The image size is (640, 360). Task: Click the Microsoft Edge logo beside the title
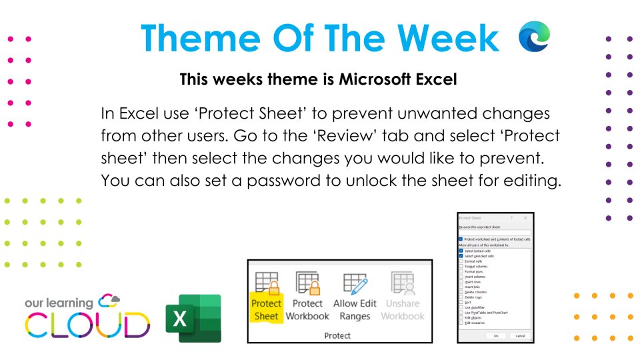pos(535,36)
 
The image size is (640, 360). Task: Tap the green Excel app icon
pos(193,318)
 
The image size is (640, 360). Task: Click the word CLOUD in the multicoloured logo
pos(87,325)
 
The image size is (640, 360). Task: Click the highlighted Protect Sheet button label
pos(266,310)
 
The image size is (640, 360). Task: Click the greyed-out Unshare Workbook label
pos(403,310)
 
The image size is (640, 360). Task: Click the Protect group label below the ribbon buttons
pos(337,335)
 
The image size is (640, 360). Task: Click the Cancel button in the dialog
pos(520,335)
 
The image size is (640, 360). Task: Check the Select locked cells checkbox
pos(461,251)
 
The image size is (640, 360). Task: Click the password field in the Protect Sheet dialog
pos(495,233)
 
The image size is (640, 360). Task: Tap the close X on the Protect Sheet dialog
pos(525,218)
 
